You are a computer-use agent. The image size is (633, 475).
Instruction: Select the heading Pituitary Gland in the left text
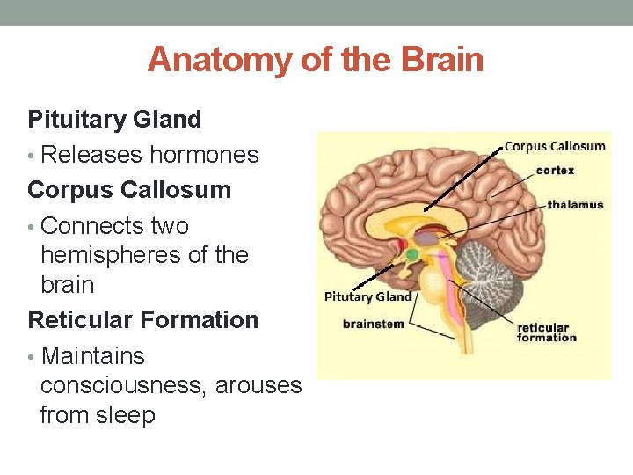114,119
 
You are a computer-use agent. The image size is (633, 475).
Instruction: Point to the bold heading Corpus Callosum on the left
129,190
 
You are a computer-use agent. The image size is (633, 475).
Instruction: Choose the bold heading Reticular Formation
143,319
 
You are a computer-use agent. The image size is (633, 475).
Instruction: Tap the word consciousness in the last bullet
120,385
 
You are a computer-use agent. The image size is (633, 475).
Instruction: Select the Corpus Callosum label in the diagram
555,146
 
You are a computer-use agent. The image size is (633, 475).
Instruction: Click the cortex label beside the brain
555,170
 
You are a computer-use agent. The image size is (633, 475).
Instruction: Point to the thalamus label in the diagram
575,204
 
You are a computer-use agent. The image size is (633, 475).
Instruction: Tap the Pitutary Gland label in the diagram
368,296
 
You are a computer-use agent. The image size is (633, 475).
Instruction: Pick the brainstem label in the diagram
374,324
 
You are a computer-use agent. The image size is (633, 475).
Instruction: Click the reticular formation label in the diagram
547,332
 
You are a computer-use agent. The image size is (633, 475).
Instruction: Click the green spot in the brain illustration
411,255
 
